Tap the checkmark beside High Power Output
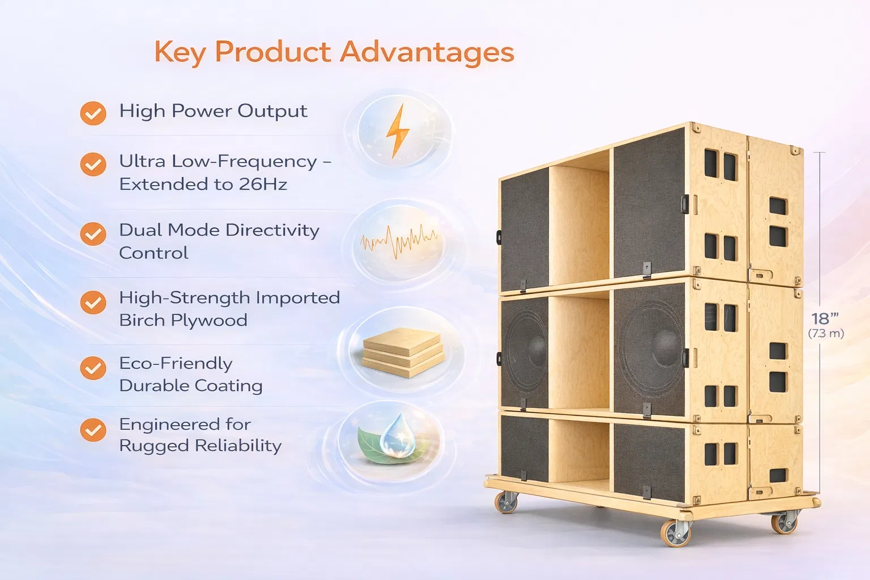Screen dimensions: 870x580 [93, 113]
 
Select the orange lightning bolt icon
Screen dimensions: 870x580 [398, 130]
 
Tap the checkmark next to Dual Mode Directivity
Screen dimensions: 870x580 [93, 234]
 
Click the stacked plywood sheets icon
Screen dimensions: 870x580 [403, 352]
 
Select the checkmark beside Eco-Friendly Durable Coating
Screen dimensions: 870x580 [93, 368]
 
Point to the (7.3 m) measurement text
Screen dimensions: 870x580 [826, 334]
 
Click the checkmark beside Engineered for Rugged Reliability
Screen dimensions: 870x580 [93, 430]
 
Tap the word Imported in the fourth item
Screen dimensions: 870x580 [298, 298]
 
